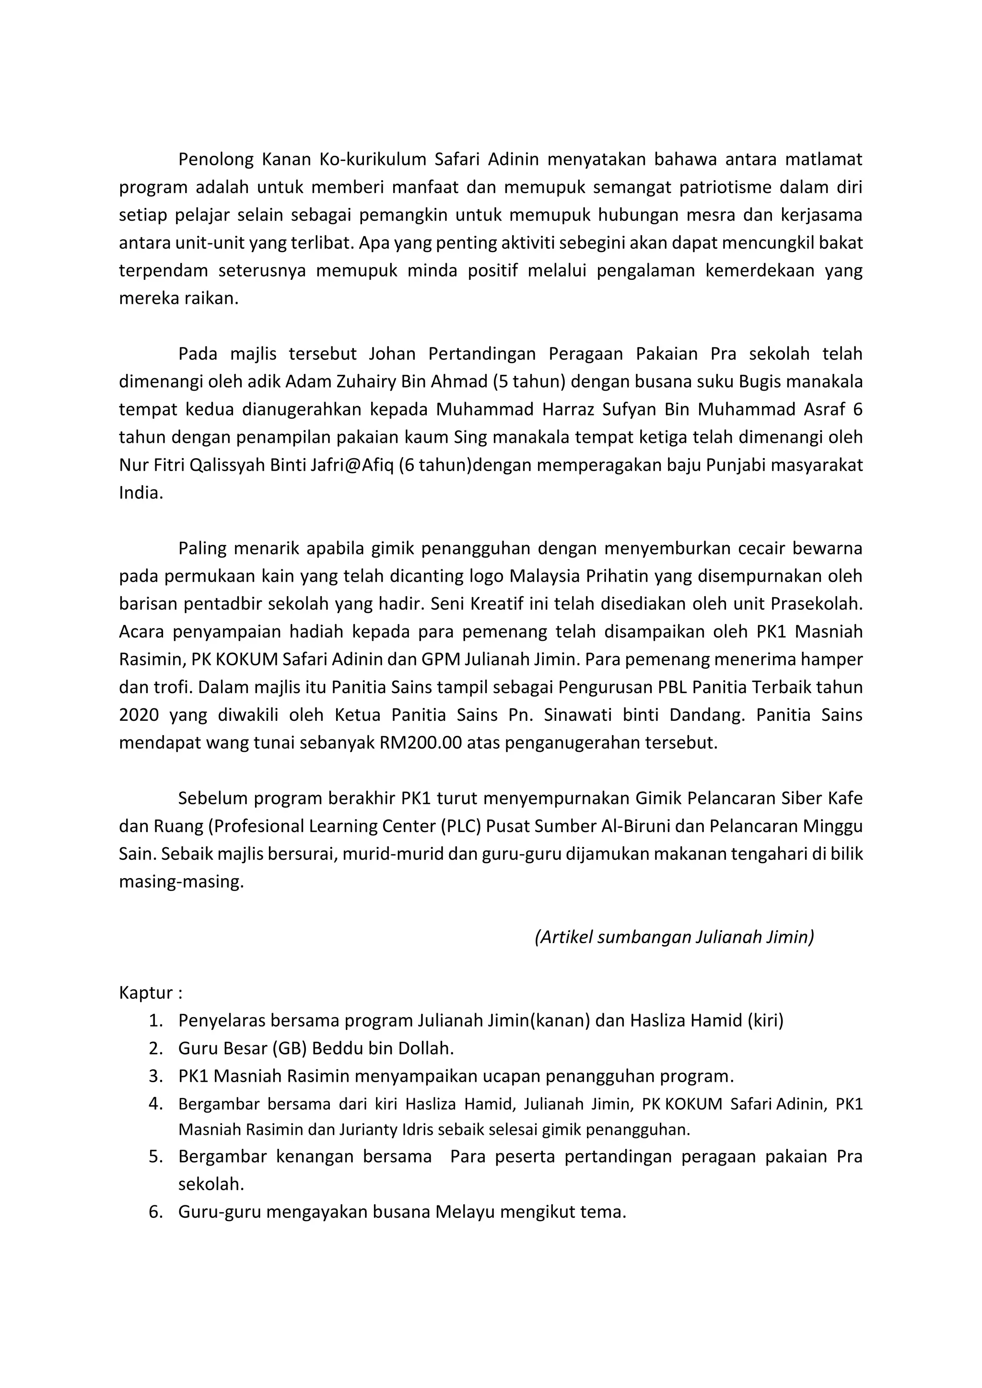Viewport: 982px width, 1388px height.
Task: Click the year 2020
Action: point(139,716)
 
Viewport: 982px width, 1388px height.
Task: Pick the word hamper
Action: point(834,660)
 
